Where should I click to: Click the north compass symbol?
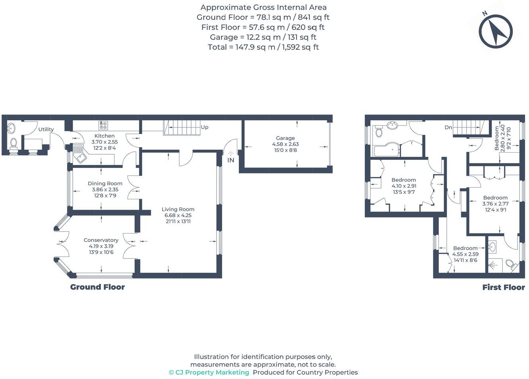pos(496,31)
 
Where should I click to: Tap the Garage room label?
pos(285,138)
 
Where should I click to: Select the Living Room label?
pos(178,209)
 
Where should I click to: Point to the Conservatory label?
pos(101,240)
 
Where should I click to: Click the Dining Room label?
pos(105,183)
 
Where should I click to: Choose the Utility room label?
pos(46,129)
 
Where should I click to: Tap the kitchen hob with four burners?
pos(103,125)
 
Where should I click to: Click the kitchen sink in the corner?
pos(80,154)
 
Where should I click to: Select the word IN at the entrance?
pos(231,160)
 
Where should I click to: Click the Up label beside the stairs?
pos(205,127)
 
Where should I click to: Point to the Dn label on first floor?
pos(448,127)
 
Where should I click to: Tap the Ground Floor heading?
pos(97,287)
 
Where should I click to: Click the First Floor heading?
pos(504,287)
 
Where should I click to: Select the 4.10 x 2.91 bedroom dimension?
pos(404,186)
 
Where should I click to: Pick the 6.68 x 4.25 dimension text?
pos(178,215)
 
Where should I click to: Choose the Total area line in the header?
pos(263,47)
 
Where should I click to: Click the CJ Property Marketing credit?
pos(209,372)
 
